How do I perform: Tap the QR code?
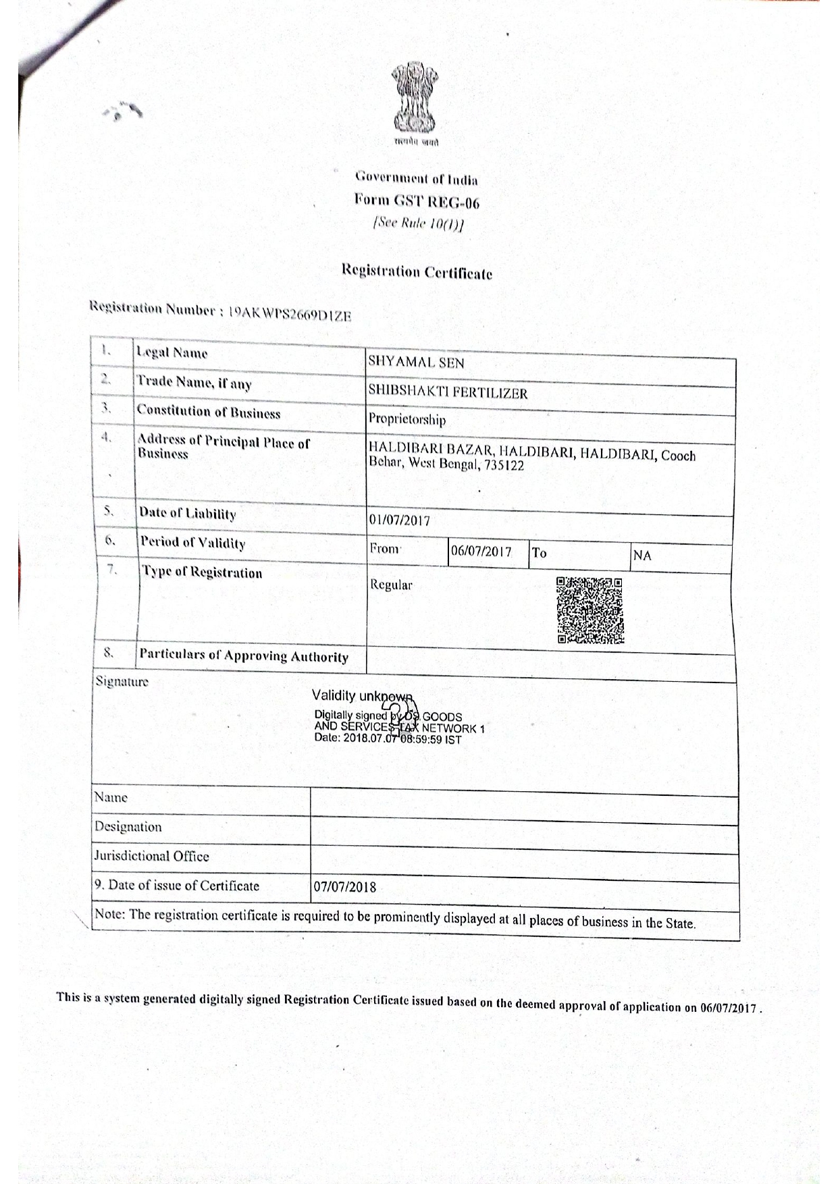click(590, 610)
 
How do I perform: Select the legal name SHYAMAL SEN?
click(416, 362)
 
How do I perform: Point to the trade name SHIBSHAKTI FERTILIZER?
click(448, 393)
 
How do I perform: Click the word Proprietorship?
click(407, 420)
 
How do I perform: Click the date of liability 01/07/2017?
click(400, 520)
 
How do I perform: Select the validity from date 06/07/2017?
click(481, 551)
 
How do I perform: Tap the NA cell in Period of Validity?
click(642, 556)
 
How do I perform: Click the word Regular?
click(391, 585)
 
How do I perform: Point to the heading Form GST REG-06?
click(417, 201)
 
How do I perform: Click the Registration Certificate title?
click(417, 272)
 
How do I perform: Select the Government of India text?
click(417, 179)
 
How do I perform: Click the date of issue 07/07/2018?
click(345, 887)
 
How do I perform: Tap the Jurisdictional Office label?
click(152, 856)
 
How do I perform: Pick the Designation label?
click(128, 827)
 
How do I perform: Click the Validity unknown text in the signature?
click(362, 696)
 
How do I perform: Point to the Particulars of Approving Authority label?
click(244, 655)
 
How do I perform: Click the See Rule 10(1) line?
click(418, 223)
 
